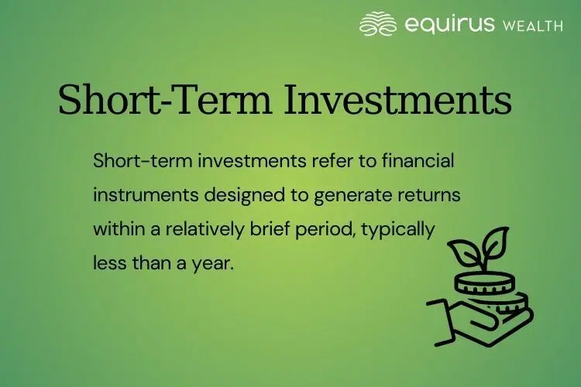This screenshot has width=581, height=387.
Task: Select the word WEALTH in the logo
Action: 532,26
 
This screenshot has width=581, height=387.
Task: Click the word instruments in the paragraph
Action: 145,196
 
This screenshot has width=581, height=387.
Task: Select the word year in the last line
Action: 215,263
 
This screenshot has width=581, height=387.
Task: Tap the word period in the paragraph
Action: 332,230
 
